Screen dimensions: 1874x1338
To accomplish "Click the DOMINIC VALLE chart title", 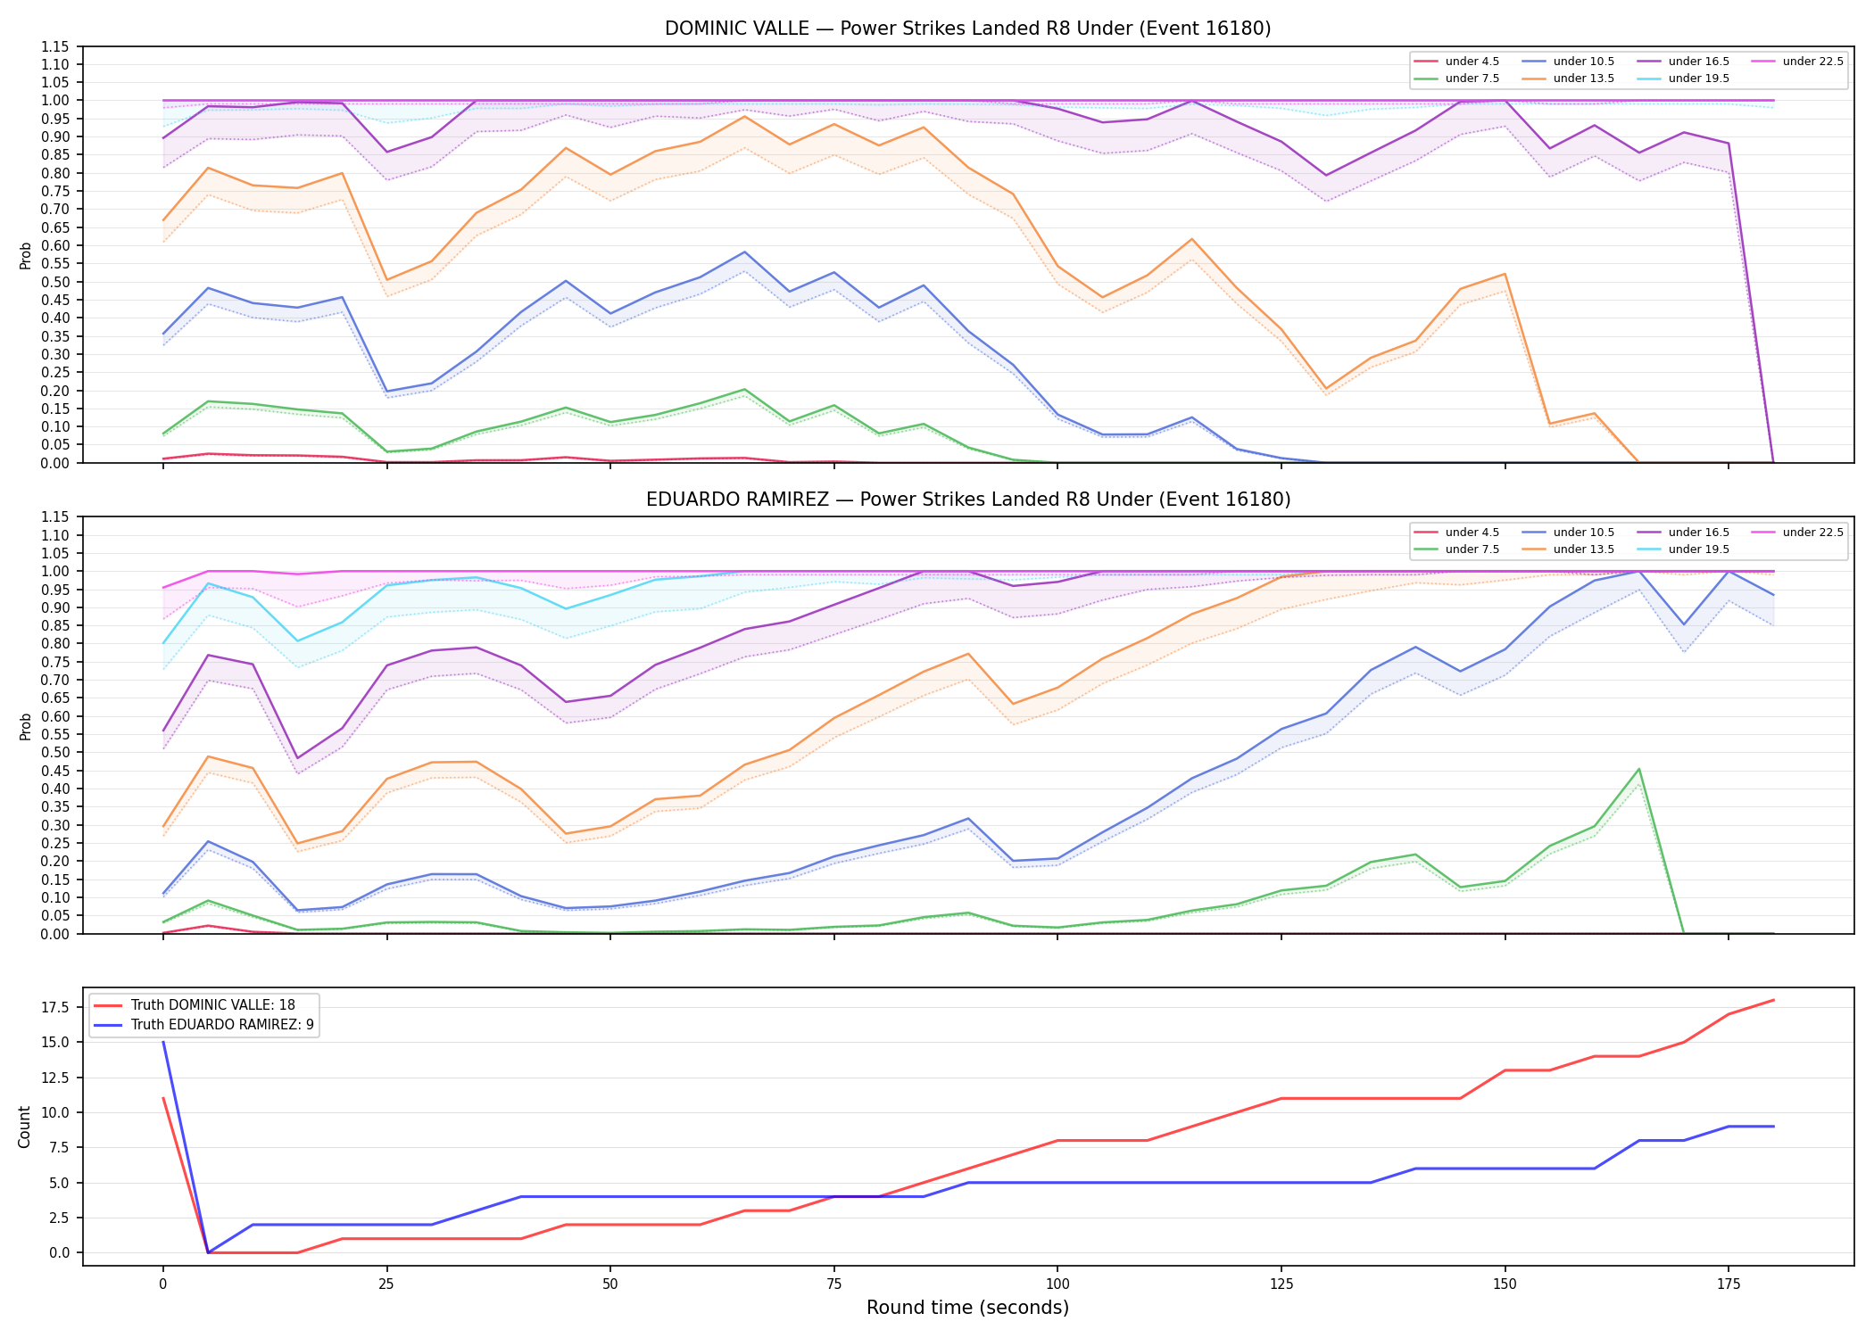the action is coord(967,29).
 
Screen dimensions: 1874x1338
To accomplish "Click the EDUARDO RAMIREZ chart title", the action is coord(968,500).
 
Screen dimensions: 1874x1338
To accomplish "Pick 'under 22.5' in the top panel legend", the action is coord(1812,62).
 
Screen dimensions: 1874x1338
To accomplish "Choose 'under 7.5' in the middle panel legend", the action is coord(1472,549).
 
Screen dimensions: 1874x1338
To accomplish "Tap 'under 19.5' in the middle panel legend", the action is coord(1698,549).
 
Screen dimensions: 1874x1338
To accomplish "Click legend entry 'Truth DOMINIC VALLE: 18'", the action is coord(212,1005).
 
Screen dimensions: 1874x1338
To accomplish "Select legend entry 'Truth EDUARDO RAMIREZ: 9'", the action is coord(222,1025).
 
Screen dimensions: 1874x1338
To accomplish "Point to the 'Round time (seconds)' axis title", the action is coord(967,1308).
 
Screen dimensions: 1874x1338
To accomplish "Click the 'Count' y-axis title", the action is coord(24,1127).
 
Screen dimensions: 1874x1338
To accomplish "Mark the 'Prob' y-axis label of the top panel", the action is coord(26,255).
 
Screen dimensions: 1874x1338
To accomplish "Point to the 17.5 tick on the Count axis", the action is coord(58,1008).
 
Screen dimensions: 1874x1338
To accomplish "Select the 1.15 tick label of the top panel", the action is coord(54,46).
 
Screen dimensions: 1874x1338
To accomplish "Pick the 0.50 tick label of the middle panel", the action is coord(54,752).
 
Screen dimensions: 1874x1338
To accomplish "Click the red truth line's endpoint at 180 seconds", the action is coord(1773,1000).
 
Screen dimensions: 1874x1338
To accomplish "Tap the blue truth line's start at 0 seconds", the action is coord(162,1042).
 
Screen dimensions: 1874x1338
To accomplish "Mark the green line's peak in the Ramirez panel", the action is coord(1638,769).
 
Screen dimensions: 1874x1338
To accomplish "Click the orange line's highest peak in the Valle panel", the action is coord(744,116).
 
